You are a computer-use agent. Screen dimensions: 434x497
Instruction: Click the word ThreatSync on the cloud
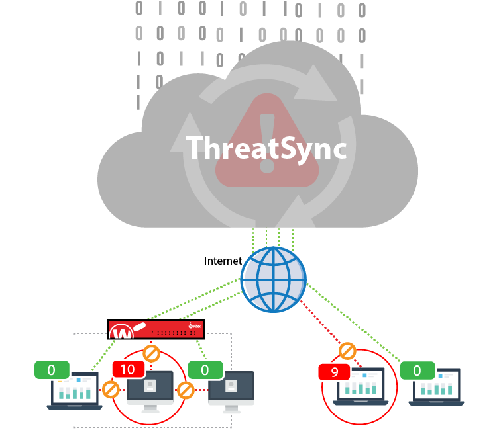pos(266,148)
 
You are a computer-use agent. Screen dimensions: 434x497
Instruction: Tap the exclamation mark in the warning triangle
pos(266,143)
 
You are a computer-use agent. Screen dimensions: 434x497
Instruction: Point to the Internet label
pos(223,261)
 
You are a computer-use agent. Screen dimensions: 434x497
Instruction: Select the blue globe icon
pos(273,280)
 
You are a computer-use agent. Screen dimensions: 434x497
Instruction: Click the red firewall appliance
pos(156,329)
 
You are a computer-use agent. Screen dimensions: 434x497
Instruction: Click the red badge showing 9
pos(334,372)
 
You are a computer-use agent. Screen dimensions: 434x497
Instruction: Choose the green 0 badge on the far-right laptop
pos(417,370)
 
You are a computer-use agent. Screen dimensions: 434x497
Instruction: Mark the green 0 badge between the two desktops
pos(205,369)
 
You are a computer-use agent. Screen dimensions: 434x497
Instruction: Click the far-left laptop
pos(74,392)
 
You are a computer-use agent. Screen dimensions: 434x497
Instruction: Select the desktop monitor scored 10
pos(150,390)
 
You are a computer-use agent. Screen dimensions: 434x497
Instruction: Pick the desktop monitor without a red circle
pos(231,390)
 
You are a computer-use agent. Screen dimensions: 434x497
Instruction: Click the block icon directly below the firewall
pos(151,352)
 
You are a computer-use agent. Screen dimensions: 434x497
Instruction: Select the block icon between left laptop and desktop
pos(111,389)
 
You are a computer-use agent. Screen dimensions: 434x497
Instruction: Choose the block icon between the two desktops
pos(186,390)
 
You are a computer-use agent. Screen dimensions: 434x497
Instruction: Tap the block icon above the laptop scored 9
pos(347,351)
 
